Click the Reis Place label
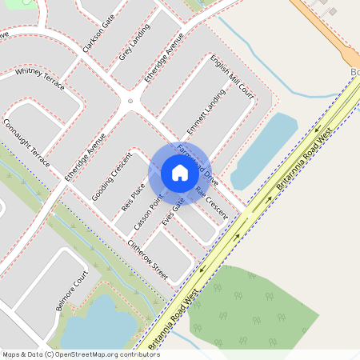132,196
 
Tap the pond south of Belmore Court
96,324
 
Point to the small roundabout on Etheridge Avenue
130,102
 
